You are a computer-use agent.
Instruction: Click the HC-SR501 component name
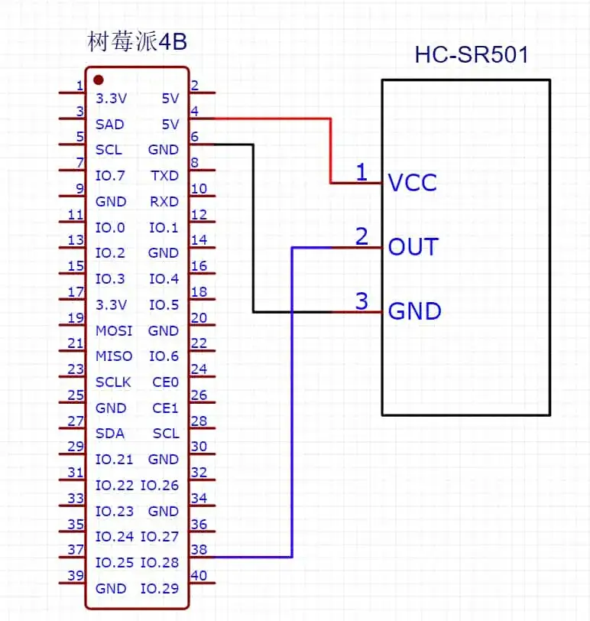pyautogui.click(x=471, y=55)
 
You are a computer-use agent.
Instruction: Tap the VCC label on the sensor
pyautogui.click(x=413, y=184)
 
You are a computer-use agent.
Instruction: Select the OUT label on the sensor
pyautogui.click(x=413, y=247)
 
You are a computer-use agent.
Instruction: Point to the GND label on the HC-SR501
pyautogui.click(x=415, y=311)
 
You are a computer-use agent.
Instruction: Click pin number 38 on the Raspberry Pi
pyautogui.click(x=198, y=549)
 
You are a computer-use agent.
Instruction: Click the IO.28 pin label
pyautogui.click(x=160, y=563)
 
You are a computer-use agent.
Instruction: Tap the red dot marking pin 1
pyautogui.click(x=99, y=79)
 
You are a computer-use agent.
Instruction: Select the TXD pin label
pyautogui.click(x=164, y=176)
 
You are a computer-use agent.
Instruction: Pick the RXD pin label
pyautogui.click(x=164, y=202)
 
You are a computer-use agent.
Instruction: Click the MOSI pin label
pyautogui.click(x=114, y=331)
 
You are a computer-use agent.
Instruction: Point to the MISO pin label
pyautogui.click(x=114, y=356)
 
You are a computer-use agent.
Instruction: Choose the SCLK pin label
pyautogui.click(x=114, y=382)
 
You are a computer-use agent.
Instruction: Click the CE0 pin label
pyautogui.click(x=165, y=382)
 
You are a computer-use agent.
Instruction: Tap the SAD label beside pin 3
pyautogui.click(x=110, y=124)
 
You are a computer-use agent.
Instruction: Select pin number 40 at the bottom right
pyautogui.click(x=198, y=576)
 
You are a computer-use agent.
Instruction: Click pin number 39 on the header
pyautogui.click(x=76, y=576)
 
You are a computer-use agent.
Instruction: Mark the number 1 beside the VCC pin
pyautogui.click(x=361, y=173)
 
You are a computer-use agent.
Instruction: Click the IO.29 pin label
pyautogui.click(x=160, y=589)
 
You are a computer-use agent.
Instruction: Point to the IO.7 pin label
pyautogui.click(x=110, y=176)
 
